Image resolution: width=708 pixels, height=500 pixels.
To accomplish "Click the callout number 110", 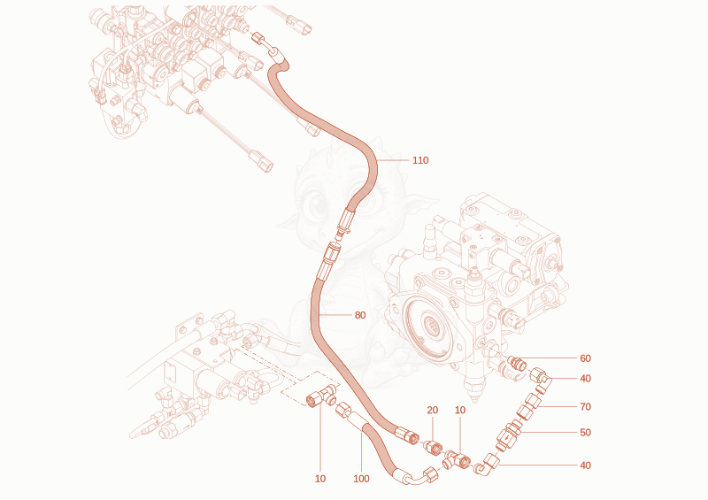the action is (x=420, y=160).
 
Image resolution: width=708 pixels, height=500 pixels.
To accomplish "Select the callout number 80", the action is (x=360, y=315).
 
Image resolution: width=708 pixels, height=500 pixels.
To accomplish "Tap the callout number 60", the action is (x=585, y=358).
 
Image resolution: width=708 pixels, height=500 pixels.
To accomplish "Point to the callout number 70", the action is (x=585, y=407).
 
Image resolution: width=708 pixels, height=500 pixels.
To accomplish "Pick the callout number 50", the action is (x=585, y=433).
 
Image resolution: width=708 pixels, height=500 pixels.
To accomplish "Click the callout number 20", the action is (x=433, y=410).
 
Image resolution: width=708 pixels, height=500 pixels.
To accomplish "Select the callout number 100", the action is (x=361, y=479).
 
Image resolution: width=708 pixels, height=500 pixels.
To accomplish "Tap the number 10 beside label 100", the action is (x=320, y=479).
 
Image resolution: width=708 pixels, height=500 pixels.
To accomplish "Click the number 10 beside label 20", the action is (x=459, y=410).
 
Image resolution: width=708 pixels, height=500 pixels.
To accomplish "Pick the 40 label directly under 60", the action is (x=585, y=379).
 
